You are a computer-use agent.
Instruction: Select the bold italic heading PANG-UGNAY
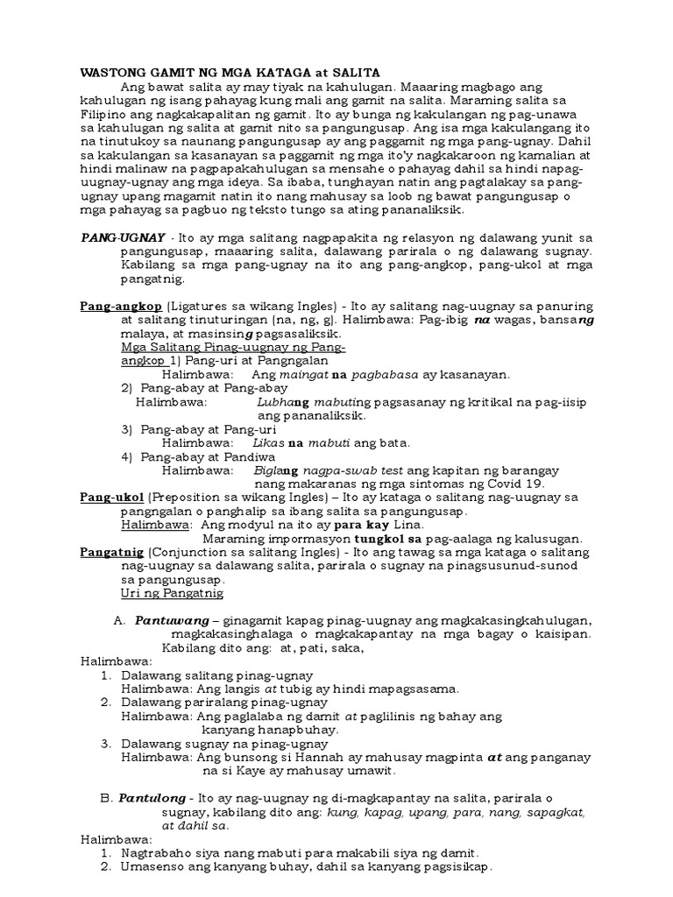pyautogui.click(x=119, y=237)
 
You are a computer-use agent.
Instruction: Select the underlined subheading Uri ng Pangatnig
pyautogui.click(x=172, y=594)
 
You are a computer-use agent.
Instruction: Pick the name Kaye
pyautogui.click(x=243, y=772)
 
